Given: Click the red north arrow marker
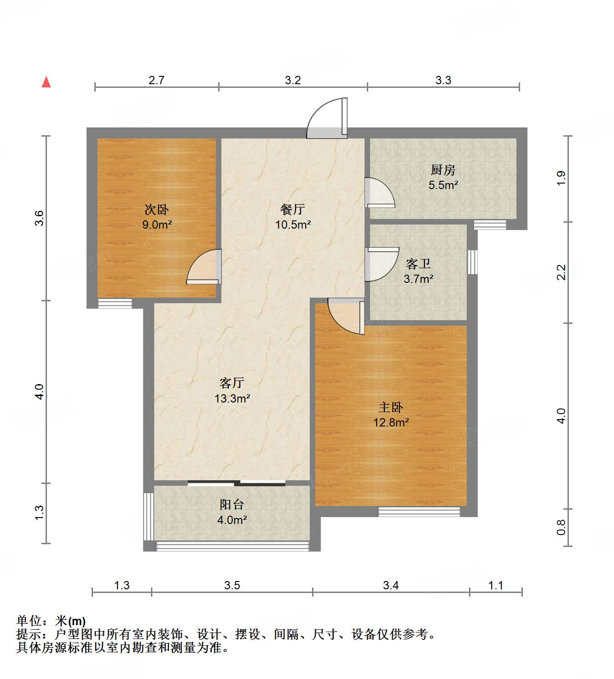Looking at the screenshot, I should click(x=46, y=82).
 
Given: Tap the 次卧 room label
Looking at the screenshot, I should click(x=156, y=210).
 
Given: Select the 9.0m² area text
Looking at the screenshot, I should click(x=156, y=225).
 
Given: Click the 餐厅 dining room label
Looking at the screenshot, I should click(x=293, y=210).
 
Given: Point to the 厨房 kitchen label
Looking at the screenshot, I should click(x=443, y=170).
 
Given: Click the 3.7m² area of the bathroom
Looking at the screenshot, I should click(x=418, y=279).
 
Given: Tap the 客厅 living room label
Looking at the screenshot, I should click(x=232, y=383).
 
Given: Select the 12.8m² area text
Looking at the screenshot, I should click(x=391, y=422).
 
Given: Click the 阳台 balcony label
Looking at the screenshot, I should click(x=232, y=505).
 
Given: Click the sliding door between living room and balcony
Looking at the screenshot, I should click(x=237, y=483).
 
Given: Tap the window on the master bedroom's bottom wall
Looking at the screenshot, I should click(x=419, y=511).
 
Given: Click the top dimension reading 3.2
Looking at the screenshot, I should click(x=293, y=81).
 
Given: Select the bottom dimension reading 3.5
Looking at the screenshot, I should click(x=232, y=585).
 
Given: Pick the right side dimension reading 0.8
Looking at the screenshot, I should click(x=561, y=527).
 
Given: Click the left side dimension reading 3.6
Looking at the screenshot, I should click(x=40, y=218).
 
